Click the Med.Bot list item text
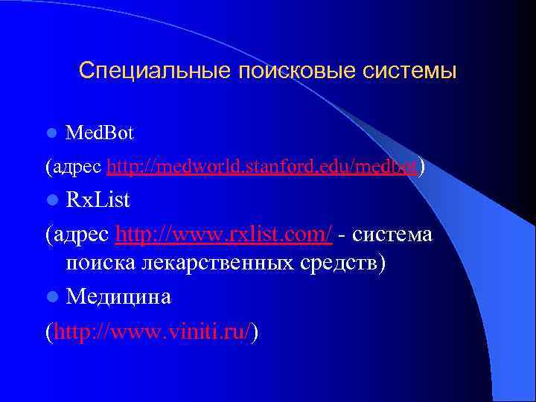100,134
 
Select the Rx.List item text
98,200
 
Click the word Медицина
118,297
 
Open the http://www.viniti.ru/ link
152,330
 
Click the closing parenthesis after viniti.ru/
255,331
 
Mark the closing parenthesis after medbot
423,167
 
